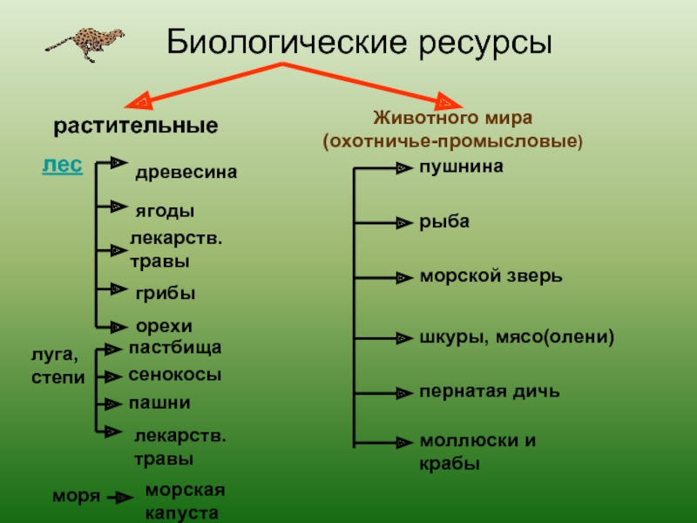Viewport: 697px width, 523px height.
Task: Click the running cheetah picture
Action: [85, 44]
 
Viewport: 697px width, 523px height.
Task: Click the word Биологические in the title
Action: [287, 43]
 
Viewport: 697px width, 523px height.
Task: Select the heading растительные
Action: [136, 126]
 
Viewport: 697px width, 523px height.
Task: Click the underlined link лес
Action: [62, 165]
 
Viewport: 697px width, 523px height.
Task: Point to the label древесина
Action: [186, 173]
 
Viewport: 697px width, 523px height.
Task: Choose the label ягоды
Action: [165, 211]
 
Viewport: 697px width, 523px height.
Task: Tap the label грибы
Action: [166, 294]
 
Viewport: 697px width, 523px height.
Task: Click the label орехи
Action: [164, 326]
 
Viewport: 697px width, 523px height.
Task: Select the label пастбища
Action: [175, 347]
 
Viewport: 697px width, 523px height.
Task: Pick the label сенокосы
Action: [175, 375]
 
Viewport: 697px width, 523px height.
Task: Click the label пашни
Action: [159, 403]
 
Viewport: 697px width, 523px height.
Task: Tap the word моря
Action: [76, 496]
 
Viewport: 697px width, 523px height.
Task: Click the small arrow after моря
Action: [120, 497]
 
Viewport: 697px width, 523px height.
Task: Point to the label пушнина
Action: [462, 166]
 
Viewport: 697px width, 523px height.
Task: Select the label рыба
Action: [444, 221]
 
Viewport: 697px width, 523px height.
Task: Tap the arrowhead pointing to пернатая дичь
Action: [404, 393]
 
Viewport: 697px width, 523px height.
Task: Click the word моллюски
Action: [469, 441]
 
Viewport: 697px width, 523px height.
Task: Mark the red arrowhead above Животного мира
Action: [448, 102]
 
